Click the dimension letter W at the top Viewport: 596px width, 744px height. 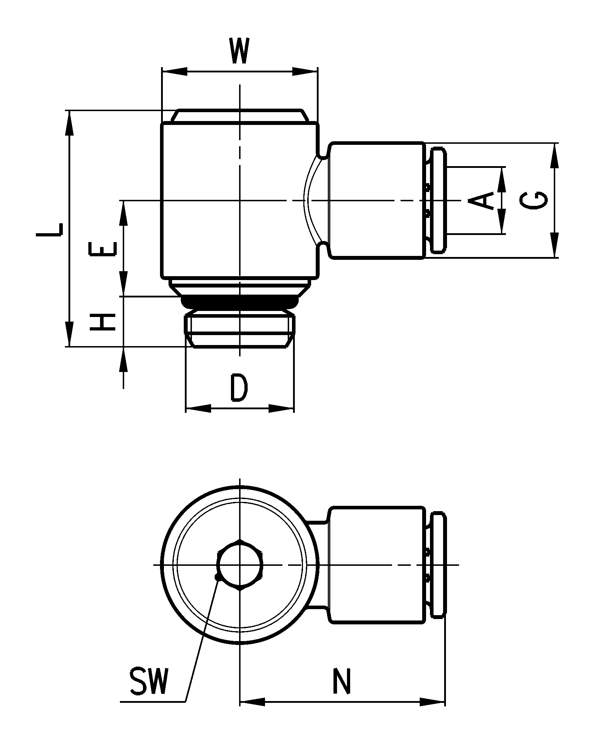(239, 51)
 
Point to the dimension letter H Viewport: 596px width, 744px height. (103, 322)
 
